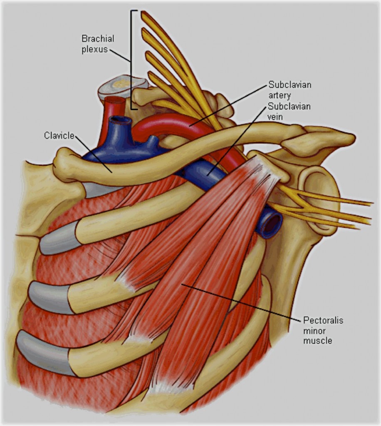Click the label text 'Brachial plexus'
coord(98,44)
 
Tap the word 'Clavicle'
coord(59,135)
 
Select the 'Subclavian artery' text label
coord(290,90)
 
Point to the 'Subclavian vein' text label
coord(289,111)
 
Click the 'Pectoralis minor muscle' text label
coord(323,330)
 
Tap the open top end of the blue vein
coord(120,119)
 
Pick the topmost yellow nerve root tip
coord(143,13)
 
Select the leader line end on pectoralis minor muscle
coord(182,284)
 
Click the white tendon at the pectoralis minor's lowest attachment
coord(174,387)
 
